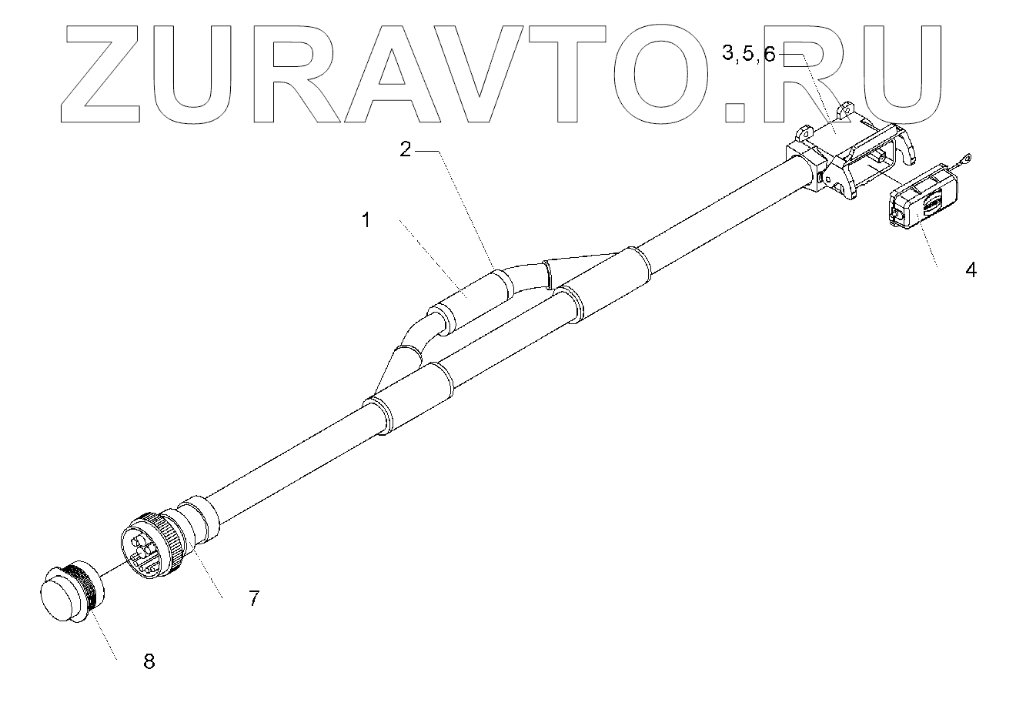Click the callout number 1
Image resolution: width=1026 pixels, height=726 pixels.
point(367,220)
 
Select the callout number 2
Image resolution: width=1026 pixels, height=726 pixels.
point(406,150)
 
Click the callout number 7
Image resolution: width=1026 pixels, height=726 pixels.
point(254,597)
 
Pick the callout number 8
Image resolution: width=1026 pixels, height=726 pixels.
point(149,660)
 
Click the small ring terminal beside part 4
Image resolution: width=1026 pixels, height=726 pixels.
point(964,159)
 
